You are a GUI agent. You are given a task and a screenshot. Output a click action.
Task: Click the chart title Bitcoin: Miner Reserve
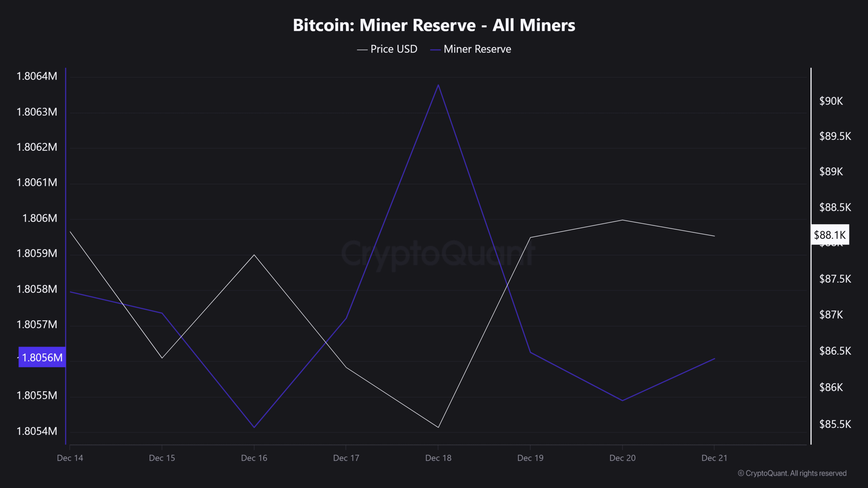(x=434, y=25)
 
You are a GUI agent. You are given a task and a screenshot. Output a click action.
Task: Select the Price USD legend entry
(x=388, y=49)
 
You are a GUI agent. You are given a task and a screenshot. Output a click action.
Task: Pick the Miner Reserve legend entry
(x=471, y=49)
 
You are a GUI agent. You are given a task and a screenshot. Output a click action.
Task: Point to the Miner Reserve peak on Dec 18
(x=438, y=85)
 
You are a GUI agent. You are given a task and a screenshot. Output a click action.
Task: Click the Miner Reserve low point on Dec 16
(x=254, y=427)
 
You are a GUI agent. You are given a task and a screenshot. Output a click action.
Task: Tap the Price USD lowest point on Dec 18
(x=438, y=427)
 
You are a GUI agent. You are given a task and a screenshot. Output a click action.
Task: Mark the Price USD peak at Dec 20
(x=623, y=220)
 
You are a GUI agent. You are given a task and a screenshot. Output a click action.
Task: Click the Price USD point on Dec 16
(x=254, y=255)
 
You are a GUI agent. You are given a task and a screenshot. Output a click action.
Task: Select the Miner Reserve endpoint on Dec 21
(x=714, y=359)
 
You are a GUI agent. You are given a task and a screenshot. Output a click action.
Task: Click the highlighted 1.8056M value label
(x=42, y=357)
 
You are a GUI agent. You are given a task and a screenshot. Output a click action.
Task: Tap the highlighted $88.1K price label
(x=830, y=235)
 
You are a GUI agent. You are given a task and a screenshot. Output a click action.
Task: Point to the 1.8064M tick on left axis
(x=37, y=76)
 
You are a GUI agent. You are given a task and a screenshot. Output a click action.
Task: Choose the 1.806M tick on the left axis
(x=40, y=218)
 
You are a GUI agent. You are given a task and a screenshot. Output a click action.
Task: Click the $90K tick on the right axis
(x=831, y=101)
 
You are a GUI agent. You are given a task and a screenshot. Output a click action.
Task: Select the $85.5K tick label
(x=835, y=424)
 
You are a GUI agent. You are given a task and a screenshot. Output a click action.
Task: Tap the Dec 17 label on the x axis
(x=346, y=458)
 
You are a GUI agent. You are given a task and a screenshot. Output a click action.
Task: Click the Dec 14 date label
(x=70, y=458)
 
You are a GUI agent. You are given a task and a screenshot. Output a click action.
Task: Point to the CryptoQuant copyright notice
(x=792, y=473)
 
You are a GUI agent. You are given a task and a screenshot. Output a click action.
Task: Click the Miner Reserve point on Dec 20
(x=623, y=401)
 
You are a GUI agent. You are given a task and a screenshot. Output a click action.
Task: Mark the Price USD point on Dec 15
(x=162, y=358)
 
